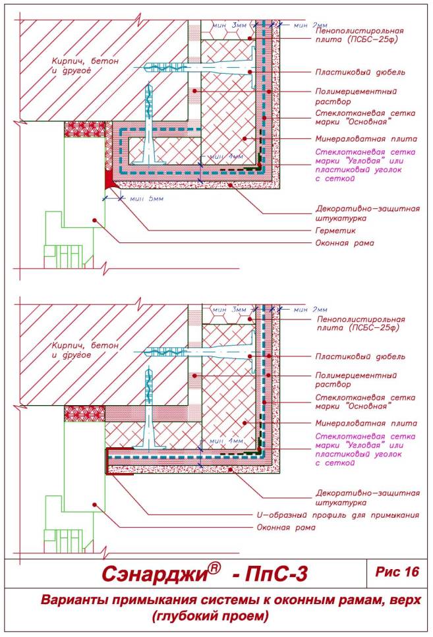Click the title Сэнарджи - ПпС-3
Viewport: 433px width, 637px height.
click(x=204, y=574)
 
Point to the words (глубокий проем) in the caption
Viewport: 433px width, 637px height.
click(x=210, y=617)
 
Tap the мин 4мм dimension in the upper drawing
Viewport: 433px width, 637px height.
click(x=226, y=157)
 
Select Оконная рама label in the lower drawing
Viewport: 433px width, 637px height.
click(x=285, y=528)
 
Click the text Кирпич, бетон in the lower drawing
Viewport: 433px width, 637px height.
click(x=86, y=346)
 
